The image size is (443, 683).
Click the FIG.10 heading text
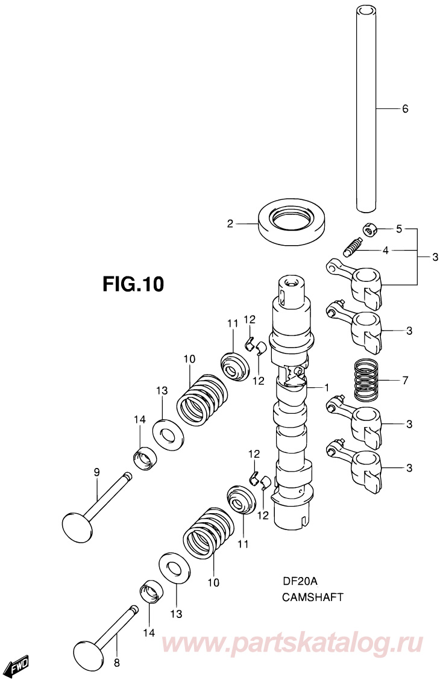pos(133,284)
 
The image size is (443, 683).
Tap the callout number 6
pos(405,108)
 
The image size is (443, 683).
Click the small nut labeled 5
pos(369,229)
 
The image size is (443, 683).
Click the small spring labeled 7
pos(366,380)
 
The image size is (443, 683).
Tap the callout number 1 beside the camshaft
pos(326,387)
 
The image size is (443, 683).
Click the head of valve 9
pos(77,526)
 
